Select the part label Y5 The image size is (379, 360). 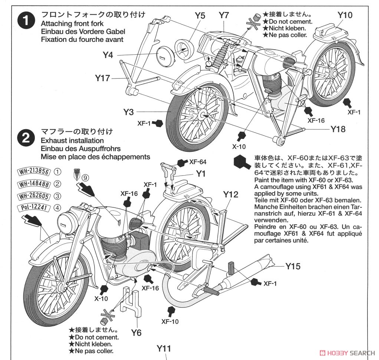200,16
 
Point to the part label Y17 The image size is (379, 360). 102,78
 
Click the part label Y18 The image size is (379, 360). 338,129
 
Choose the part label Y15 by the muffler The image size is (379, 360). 293,266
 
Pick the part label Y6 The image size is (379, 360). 136,333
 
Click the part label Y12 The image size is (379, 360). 230,194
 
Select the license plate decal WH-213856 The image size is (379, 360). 34,171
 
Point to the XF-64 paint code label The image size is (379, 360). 198,162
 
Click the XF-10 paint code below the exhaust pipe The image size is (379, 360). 170,321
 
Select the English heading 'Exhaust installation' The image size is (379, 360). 72,141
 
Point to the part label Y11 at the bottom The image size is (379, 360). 164,348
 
